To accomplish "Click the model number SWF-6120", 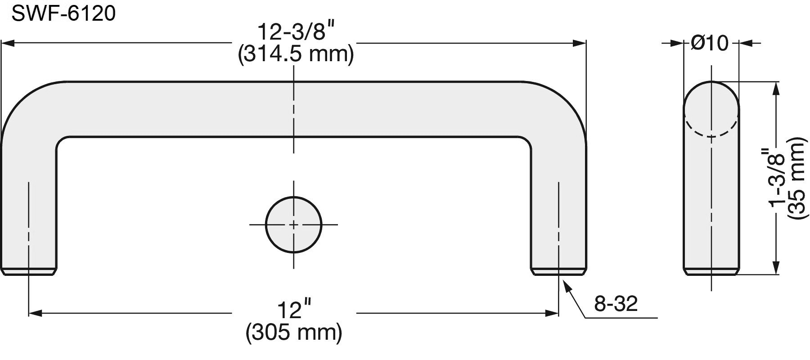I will tap(63, 14).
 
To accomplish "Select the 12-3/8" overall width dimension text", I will tap(296, 33).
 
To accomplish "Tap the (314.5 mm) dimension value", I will tap(296, 55).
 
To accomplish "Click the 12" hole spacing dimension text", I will tap(294, 310).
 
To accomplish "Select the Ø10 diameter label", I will tap(710, 44).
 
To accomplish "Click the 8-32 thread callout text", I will tap(616, 304).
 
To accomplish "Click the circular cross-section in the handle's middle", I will tap(294, 225).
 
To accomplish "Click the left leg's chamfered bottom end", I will tap(29, 271).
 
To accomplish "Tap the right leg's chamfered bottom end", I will tap(558, 271).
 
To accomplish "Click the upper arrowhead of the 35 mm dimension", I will tap(775, 88).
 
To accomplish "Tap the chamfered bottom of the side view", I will tap(711, 271).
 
